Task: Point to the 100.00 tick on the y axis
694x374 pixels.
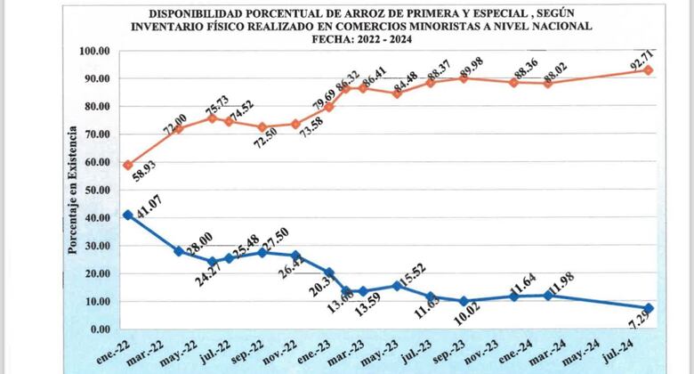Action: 93,51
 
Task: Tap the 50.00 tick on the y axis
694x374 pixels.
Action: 96,190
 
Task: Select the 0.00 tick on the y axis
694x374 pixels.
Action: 99,329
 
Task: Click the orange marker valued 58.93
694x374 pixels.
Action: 128,165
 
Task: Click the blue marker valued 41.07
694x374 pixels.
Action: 128,215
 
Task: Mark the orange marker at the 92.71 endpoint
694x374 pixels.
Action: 649,69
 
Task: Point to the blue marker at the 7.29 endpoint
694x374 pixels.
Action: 649,309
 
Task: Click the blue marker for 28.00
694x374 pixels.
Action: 179,251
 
